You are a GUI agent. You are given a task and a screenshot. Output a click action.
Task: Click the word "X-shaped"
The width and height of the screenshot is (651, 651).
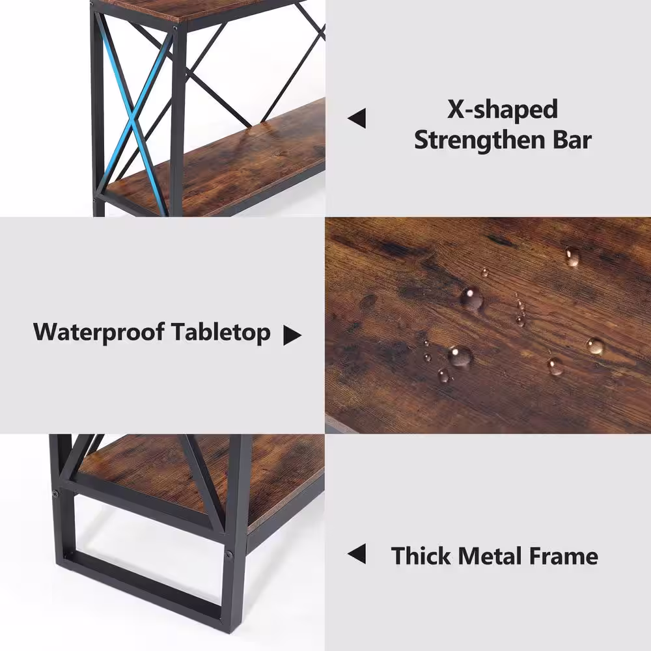click(503, 111)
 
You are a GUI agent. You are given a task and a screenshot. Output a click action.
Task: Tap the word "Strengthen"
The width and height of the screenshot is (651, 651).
click(480, 141)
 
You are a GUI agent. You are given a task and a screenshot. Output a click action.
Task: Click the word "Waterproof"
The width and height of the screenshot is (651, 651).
click(99, 333)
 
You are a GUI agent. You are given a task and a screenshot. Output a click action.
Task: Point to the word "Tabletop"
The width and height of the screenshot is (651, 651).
click(221, 333)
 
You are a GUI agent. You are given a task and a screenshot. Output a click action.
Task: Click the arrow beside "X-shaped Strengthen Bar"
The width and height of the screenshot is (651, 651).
click(357, 118)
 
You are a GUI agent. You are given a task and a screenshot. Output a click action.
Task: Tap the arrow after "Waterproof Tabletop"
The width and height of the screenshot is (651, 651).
click(292, 335)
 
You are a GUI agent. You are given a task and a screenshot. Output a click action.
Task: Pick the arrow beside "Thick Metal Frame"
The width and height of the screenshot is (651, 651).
click(357, 554)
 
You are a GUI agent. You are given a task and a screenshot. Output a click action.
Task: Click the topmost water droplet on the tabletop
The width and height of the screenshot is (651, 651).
click(572, 256)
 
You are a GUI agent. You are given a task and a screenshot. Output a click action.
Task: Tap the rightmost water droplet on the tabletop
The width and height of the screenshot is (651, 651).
click(595, 346)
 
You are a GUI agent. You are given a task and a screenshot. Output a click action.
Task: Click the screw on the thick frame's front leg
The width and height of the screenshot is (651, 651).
click(229, 554)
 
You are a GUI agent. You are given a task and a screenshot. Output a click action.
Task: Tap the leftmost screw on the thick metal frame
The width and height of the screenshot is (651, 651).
click(55, 493)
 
